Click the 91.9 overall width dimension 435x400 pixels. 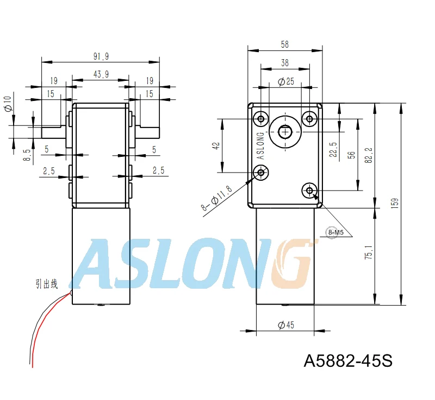tap(101, 56)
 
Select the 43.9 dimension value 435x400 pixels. tap(101, 75)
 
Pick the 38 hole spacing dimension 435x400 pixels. tap(284, 62)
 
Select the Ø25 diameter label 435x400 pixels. tap(285, 82)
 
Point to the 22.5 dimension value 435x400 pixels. tap(333, 149)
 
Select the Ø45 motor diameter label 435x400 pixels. tap(285, 325)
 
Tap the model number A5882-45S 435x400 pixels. tap(347, 360)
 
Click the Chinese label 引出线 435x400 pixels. tap(46, 283)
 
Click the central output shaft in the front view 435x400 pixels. tap(285, 131)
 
